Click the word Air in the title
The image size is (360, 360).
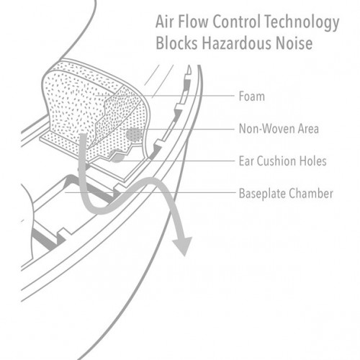tap(165, 22)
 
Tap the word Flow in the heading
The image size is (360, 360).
tap(193, 22)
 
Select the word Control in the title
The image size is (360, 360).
tap(237, 22)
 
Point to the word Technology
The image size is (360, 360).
tap(302, 23)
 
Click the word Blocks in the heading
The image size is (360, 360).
tap(176, 43)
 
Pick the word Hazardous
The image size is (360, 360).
tap(237, 43)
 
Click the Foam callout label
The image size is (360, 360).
tap(252, 96)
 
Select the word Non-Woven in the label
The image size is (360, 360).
tap(267, 129)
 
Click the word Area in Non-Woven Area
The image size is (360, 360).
tap(308, 129)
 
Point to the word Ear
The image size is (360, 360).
tap(246, 161)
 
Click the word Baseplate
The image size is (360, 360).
tap(262, 194)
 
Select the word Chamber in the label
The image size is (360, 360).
tap(311, 194)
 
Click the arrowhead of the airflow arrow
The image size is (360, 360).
tap(182, 246)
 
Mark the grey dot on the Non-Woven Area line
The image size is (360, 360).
tap(134, 135)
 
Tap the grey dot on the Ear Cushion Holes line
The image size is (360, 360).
tap(117, 156)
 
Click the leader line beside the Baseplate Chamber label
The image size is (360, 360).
tap(150, 192)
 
